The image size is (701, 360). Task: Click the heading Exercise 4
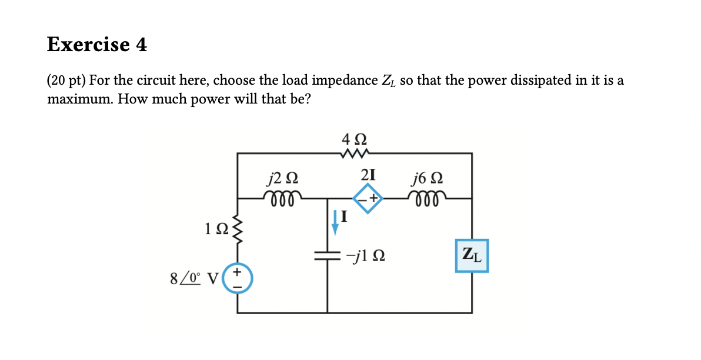coord(97,45)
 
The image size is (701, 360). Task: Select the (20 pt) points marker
coord(66,81)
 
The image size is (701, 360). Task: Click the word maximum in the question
coord(80,99)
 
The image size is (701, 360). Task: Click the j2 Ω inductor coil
coord(283,195)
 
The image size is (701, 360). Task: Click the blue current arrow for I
coord(335,222)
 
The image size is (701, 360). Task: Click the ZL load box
coord(472,255)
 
